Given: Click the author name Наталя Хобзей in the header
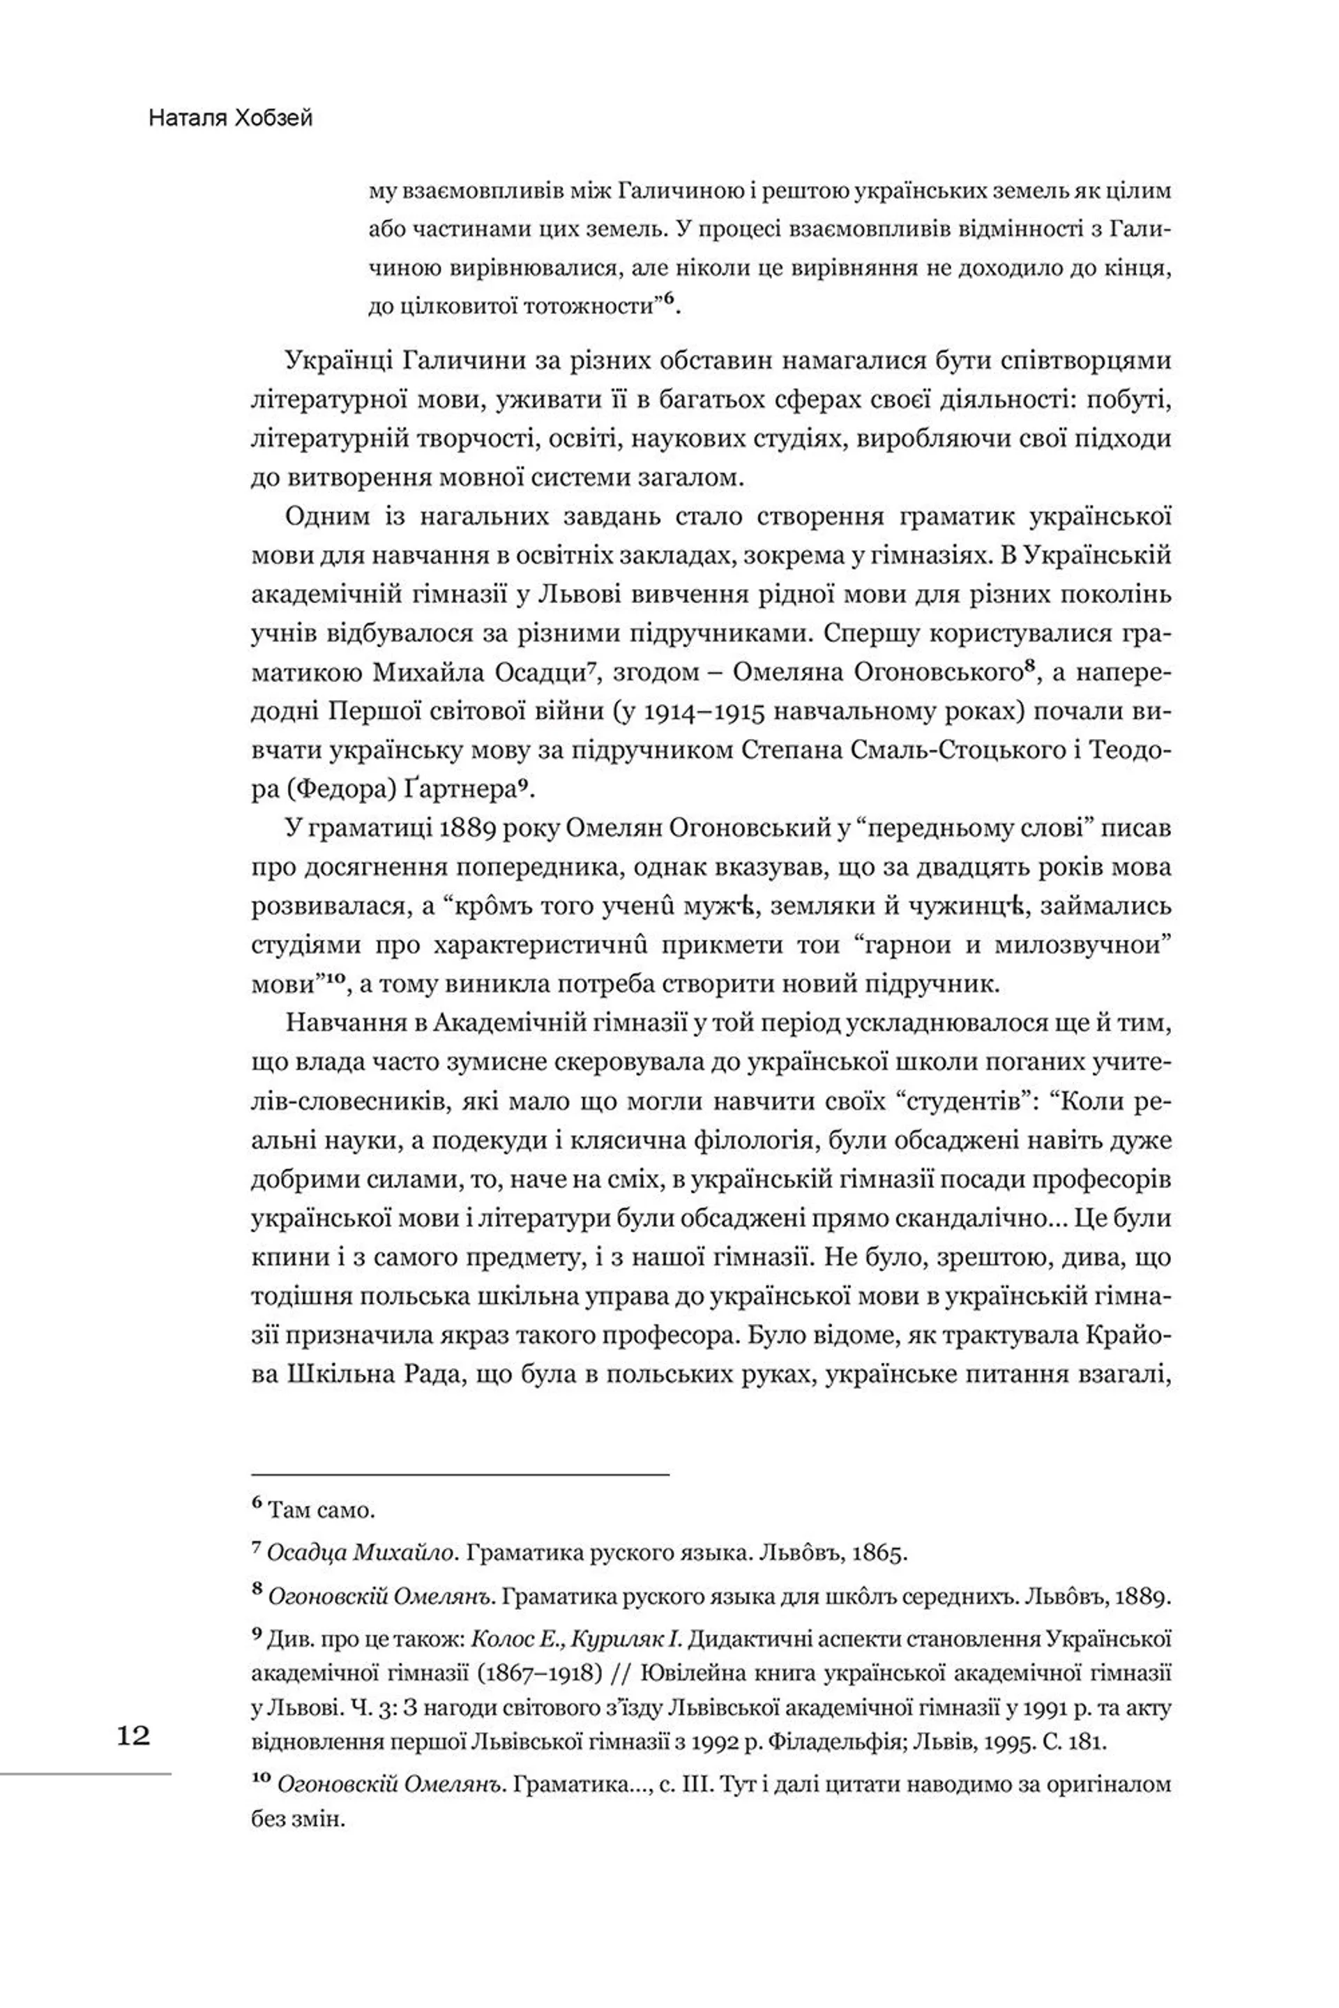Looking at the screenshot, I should [x=231, y=118].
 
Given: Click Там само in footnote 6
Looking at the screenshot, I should [x=321, y=1510].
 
